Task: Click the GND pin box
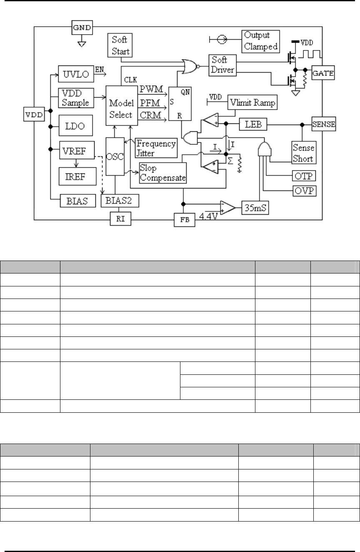82,28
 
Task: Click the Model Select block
121,109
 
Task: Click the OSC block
115,156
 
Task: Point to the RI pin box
120,218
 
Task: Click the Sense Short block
303,153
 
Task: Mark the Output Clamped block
261,40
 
